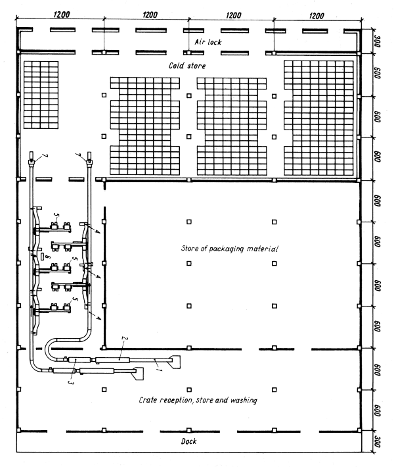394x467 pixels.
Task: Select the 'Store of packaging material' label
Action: pyautogui.click(x=230, y=249)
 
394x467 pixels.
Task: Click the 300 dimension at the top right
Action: pyautogui.click(x=378, y=41)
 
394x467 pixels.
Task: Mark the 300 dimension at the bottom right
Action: pyautogui.click(x=378, y=441)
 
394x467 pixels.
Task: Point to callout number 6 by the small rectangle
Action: pyautogui.click(x=47, y=257)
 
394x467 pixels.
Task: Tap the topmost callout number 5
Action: pyautogui.click(x=56, y=215)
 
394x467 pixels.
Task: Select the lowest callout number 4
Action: pyautogui.click(x=98, y=318)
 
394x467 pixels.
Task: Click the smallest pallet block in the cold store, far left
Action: pyautogui.click(x=41, y=94)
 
